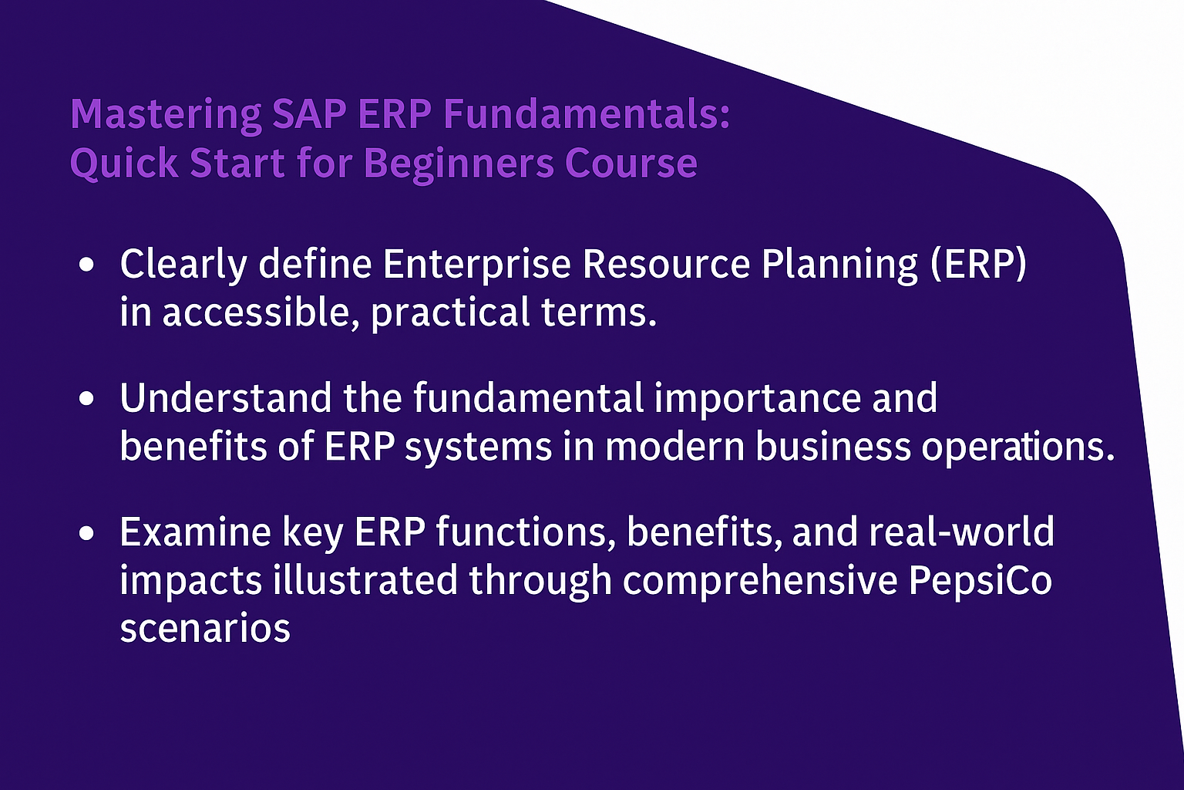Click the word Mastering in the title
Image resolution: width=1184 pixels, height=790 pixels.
point(166,115)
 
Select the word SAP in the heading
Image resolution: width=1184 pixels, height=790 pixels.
point(309,113)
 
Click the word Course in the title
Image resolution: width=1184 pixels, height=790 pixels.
point(631,163)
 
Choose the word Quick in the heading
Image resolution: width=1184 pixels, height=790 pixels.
point(123,164)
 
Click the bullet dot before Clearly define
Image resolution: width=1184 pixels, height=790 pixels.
point(86,264)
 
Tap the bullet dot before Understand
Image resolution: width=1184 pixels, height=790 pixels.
point(86,398)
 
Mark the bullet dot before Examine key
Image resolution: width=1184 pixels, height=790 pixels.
point(86,533)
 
